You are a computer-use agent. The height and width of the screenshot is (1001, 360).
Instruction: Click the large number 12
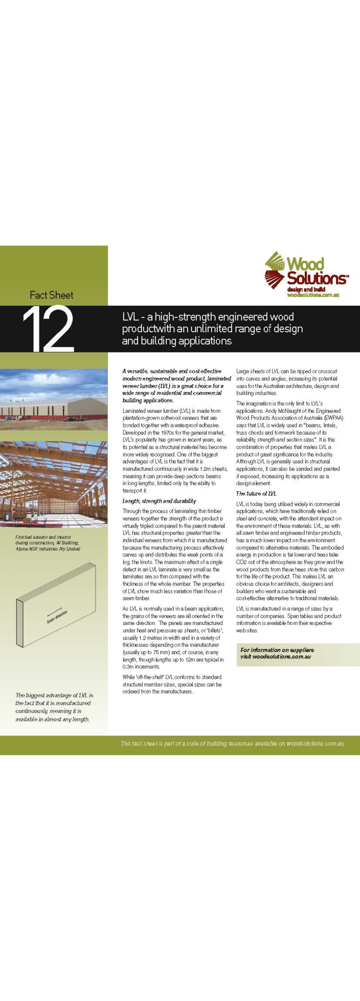tap(48, 328)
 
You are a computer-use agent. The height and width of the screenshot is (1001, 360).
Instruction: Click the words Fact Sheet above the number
tap(51, 295)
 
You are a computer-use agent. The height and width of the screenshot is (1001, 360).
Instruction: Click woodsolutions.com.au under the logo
tap(313, 295)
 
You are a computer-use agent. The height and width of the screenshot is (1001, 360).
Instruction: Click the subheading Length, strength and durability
tap(159, 501)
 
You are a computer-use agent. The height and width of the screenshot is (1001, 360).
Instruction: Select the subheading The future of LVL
tap(256, 493)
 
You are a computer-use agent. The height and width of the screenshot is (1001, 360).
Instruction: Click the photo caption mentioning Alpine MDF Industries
tap(48, 543)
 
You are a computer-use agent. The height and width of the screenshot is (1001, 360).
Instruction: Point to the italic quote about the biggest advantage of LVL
tap(54, 707)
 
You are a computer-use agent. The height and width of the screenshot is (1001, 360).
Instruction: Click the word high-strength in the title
tap(188, 317)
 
